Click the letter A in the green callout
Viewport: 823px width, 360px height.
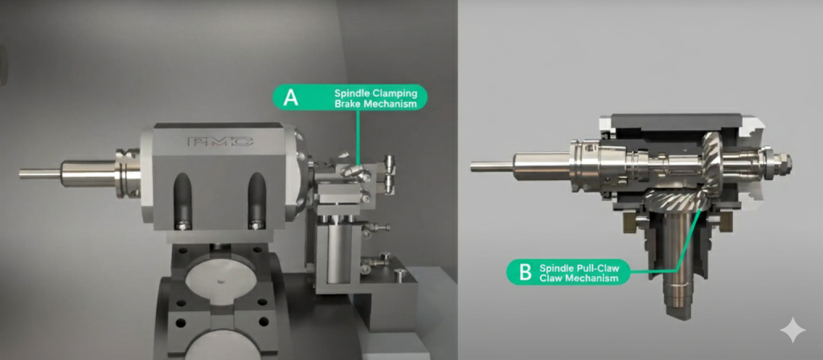click(x=290, y=97)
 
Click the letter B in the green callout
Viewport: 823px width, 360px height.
click(x=526, y=273)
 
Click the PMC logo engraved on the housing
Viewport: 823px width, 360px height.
click(x=220, y=141)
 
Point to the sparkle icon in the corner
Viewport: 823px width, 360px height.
click(x=792, y=329)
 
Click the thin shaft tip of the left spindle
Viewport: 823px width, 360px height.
click(x=40, y=174)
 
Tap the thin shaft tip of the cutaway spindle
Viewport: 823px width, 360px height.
click(x=492, y=166)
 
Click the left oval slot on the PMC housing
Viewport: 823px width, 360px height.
click(x=182, y=200)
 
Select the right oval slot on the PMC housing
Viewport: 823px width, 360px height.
click(x=256, y=200)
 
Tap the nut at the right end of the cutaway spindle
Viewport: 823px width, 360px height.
click(x=783, y=164)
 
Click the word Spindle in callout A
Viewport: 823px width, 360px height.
click(x=351, y=93)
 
